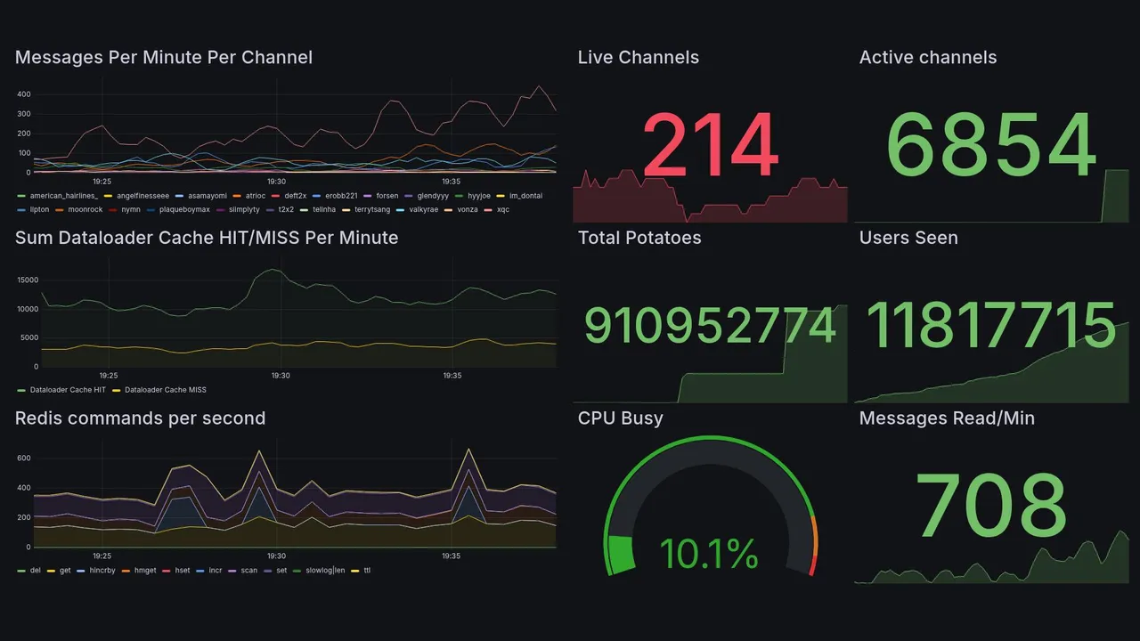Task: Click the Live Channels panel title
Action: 638,58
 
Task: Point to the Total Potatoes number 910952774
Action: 710,326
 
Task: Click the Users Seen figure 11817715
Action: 991,326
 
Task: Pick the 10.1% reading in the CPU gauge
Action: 710,554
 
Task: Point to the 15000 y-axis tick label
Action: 28,280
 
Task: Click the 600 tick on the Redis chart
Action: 24,458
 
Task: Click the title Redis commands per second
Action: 140,418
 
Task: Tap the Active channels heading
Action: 927,58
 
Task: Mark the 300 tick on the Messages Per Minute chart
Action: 24,114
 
